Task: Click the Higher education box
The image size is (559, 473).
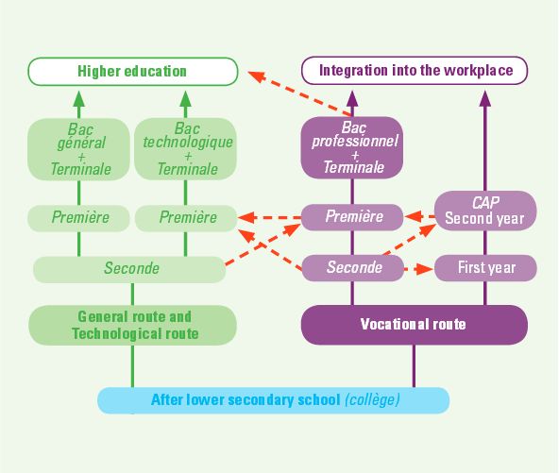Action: [x=132, y=72]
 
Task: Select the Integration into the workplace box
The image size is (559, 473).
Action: [x=415, y=70]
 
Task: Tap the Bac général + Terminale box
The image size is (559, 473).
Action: [x=78, y=149]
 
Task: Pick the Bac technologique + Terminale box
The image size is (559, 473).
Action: [x=185, y=149]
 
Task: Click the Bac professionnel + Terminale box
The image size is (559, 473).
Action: [x=352, y=147]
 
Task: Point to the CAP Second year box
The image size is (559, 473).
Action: [x=485, y=211]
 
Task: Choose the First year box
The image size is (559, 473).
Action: [x=485, y=268]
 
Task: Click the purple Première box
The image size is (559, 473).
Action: [x=352, y=217]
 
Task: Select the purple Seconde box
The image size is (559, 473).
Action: [x=353, y=268]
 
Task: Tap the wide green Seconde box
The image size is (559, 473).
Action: [x=129, y=269]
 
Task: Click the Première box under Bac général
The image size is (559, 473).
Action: [x=78, y=218]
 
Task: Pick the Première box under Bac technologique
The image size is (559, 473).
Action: [x=186, y=218]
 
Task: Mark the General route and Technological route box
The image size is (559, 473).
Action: [x=132, y=325]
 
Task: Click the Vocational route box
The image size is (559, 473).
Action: [x=415, y=325]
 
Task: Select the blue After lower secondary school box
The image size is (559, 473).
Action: [x=274, y=400]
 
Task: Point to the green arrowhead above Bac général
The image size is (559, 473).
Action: [x=78, y=99]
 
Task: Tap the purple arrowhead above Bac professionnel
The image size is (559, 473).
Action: [x=352, y=98]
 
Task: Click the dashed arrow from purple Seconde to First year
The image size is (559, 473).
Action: [x=419, y=269]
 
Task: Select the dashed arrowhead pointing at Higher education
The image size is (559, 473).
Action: [x=257, y=76]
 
